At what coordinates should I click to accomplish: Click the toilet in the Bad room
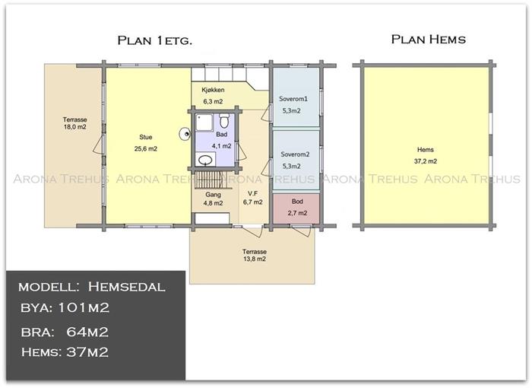[224, 121]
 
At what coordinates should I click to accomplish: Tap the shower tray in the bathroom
[204, 122]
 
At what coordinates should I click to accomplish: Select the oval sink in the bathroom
[205, 159]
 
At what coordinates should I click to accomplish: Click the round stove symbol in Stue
[185, 134]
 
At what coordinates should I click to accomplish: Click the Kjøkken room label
[213, 90]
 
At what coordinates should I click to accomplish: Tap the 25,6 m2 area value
[146, 149]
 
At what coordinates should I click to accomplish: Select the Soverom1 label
[293, 99]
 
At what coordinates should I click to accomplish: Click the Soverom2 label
[295, 154]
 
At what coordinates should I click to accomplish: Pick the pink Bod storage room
[296, 208]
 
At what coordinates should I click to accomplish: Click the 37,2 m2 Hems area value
[426, 161]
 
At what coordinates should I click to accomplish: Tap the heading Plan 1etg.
[155, 40]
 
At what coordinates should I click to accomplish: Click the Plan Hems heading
[429, 40]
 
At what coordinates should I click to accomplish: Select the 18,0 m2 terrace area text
[75, 127]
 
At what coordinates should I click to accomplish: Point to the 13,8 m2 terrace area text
[255, 259]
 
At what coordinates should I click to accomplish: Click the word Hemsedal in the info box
[127, 287]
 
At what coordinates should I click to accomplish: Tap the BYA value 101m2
[84, 308]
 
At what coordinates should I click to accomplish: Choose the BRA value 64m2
[87, 332]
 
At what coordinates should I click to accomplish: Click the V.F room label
[252, 194]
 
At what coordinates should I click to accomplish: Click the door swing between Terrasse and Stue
[98, 144]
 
